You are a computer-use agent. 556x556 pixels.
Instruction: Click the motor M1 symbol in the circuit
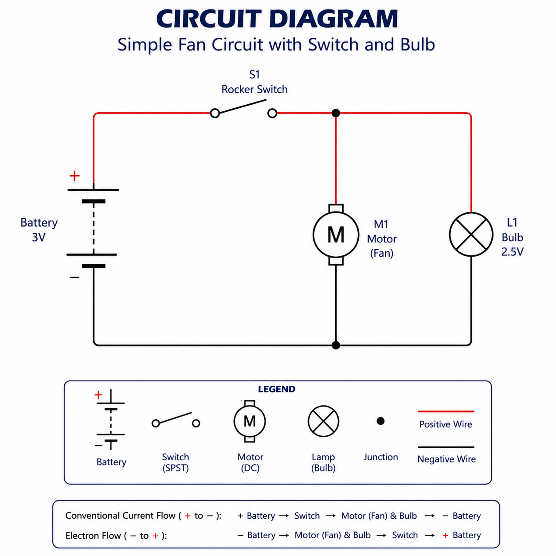click(336, 235)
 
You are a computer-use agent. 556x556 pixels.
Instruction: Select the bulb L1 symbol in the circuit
click(471, 234)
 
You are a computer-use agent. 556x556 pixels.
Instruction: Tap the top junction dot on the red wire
click(336, 113)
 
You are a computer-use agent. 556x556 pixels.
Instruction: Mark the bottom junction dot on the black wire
click(336, 345)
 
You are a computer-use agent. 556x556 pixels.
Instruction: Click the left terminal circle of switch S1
click(215, 114)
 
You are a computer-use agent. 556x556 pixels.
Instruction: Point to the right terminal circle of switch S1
click(272, 114)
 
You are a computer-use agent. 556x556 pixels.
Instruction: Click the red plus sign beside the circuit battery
click(74, 176)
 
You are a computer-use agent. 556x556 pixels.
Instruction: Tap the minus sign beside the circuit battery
click(74, 278)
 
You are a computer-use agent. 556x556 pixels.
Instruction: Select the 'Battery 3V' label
click(39, 230)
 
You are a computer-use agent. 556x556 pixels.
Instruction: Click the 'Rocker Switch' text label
click(255, 90)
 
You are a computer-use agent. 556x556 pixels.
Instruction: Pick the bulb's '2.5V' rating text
click(512, 252)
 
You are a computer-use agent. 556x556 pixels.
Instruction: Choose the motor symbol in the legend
click(250, 421)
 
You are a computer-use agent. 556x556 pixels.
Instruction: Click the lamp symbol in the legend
click(323, 421)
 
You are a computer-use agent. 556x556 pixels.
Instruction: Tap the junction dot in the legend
click(380, 421)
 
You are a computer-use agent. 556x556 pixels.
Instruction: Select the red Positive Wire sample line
click(446, 411)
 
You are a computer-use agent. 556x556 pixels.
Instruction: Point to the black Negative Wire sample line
click(446, 447)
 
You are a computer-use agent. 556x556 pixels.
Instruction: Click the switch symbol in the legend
click(176, 420)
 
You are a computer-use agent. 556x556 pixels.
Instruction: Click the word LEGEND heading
click(276, 389)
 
